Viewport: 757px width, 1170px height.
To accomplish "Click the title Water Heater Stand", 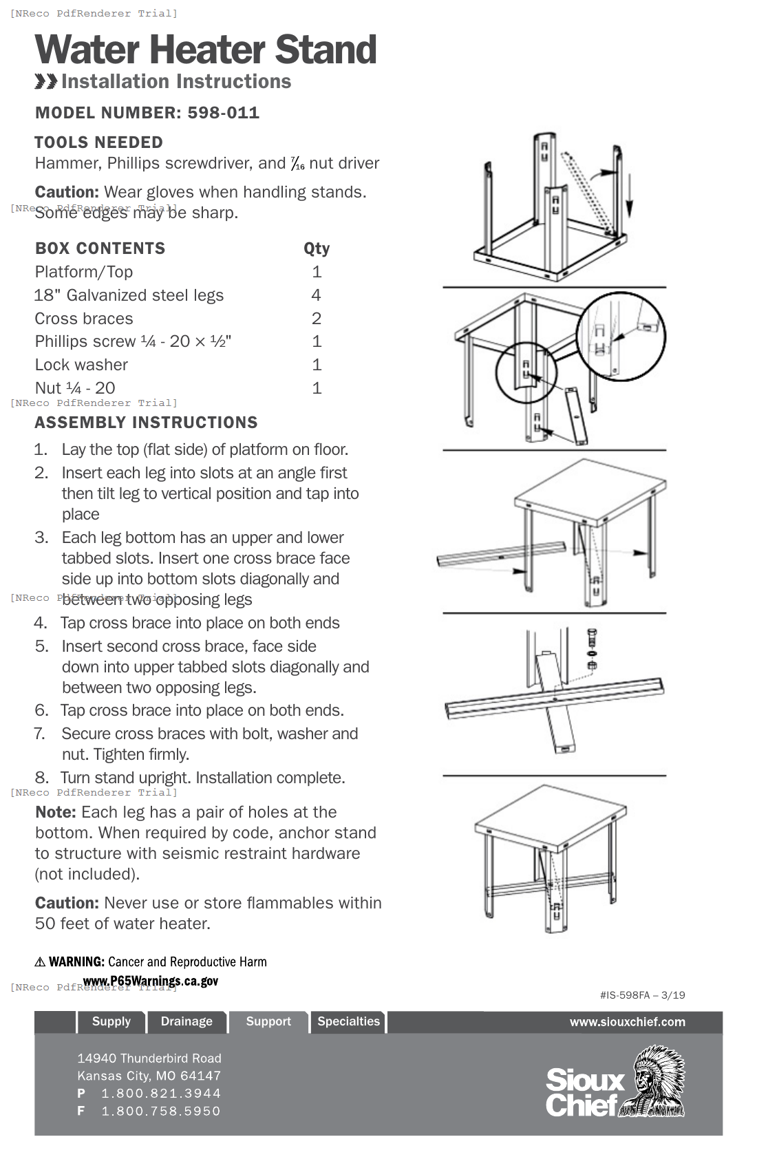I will (205, 50).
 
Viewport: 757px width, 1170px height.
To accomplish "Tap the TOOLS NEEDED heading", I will (98, 142).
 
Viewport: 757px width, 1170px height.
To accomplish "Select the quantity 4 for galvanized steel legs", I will (316, 295).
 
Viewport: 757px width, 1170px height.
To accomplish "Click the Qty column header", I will (317, 248).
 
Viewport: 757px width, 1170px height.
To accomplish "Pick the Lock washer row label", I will (81, 365).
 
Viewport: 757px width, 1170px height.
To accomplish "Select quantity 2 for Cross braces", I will (316, 319).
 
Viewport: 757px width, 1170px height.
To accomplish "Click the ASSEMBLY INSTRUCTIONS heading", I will (146, 423).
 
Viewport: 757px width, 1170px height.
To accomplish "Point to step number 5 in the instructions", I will (41, 646).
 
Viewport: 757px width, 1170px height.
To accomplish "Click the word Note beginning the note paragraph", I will (55, 812).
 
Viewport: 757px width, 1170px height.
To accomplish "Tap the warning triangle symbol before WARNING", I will (40, 962).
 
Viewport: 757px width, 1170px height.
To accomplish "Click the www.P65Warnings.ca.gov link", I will (150, 981).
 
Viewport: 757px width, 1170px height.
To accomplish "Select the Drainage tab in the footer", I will (186, 1021).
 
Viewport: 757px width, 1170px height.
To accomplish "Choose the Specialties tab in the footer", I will (348, 1021).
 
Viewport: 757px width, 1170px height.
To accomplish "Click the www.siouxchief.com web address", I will (627, 1022).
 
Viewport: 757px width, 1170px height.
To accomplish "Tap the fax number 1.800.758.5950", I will (161, 1111).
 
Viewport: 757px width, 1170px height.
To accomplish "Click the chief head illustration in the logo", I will (654, 1081).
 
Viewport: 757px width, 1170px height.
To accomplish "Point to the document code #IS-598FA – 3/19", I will (642, 995).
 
